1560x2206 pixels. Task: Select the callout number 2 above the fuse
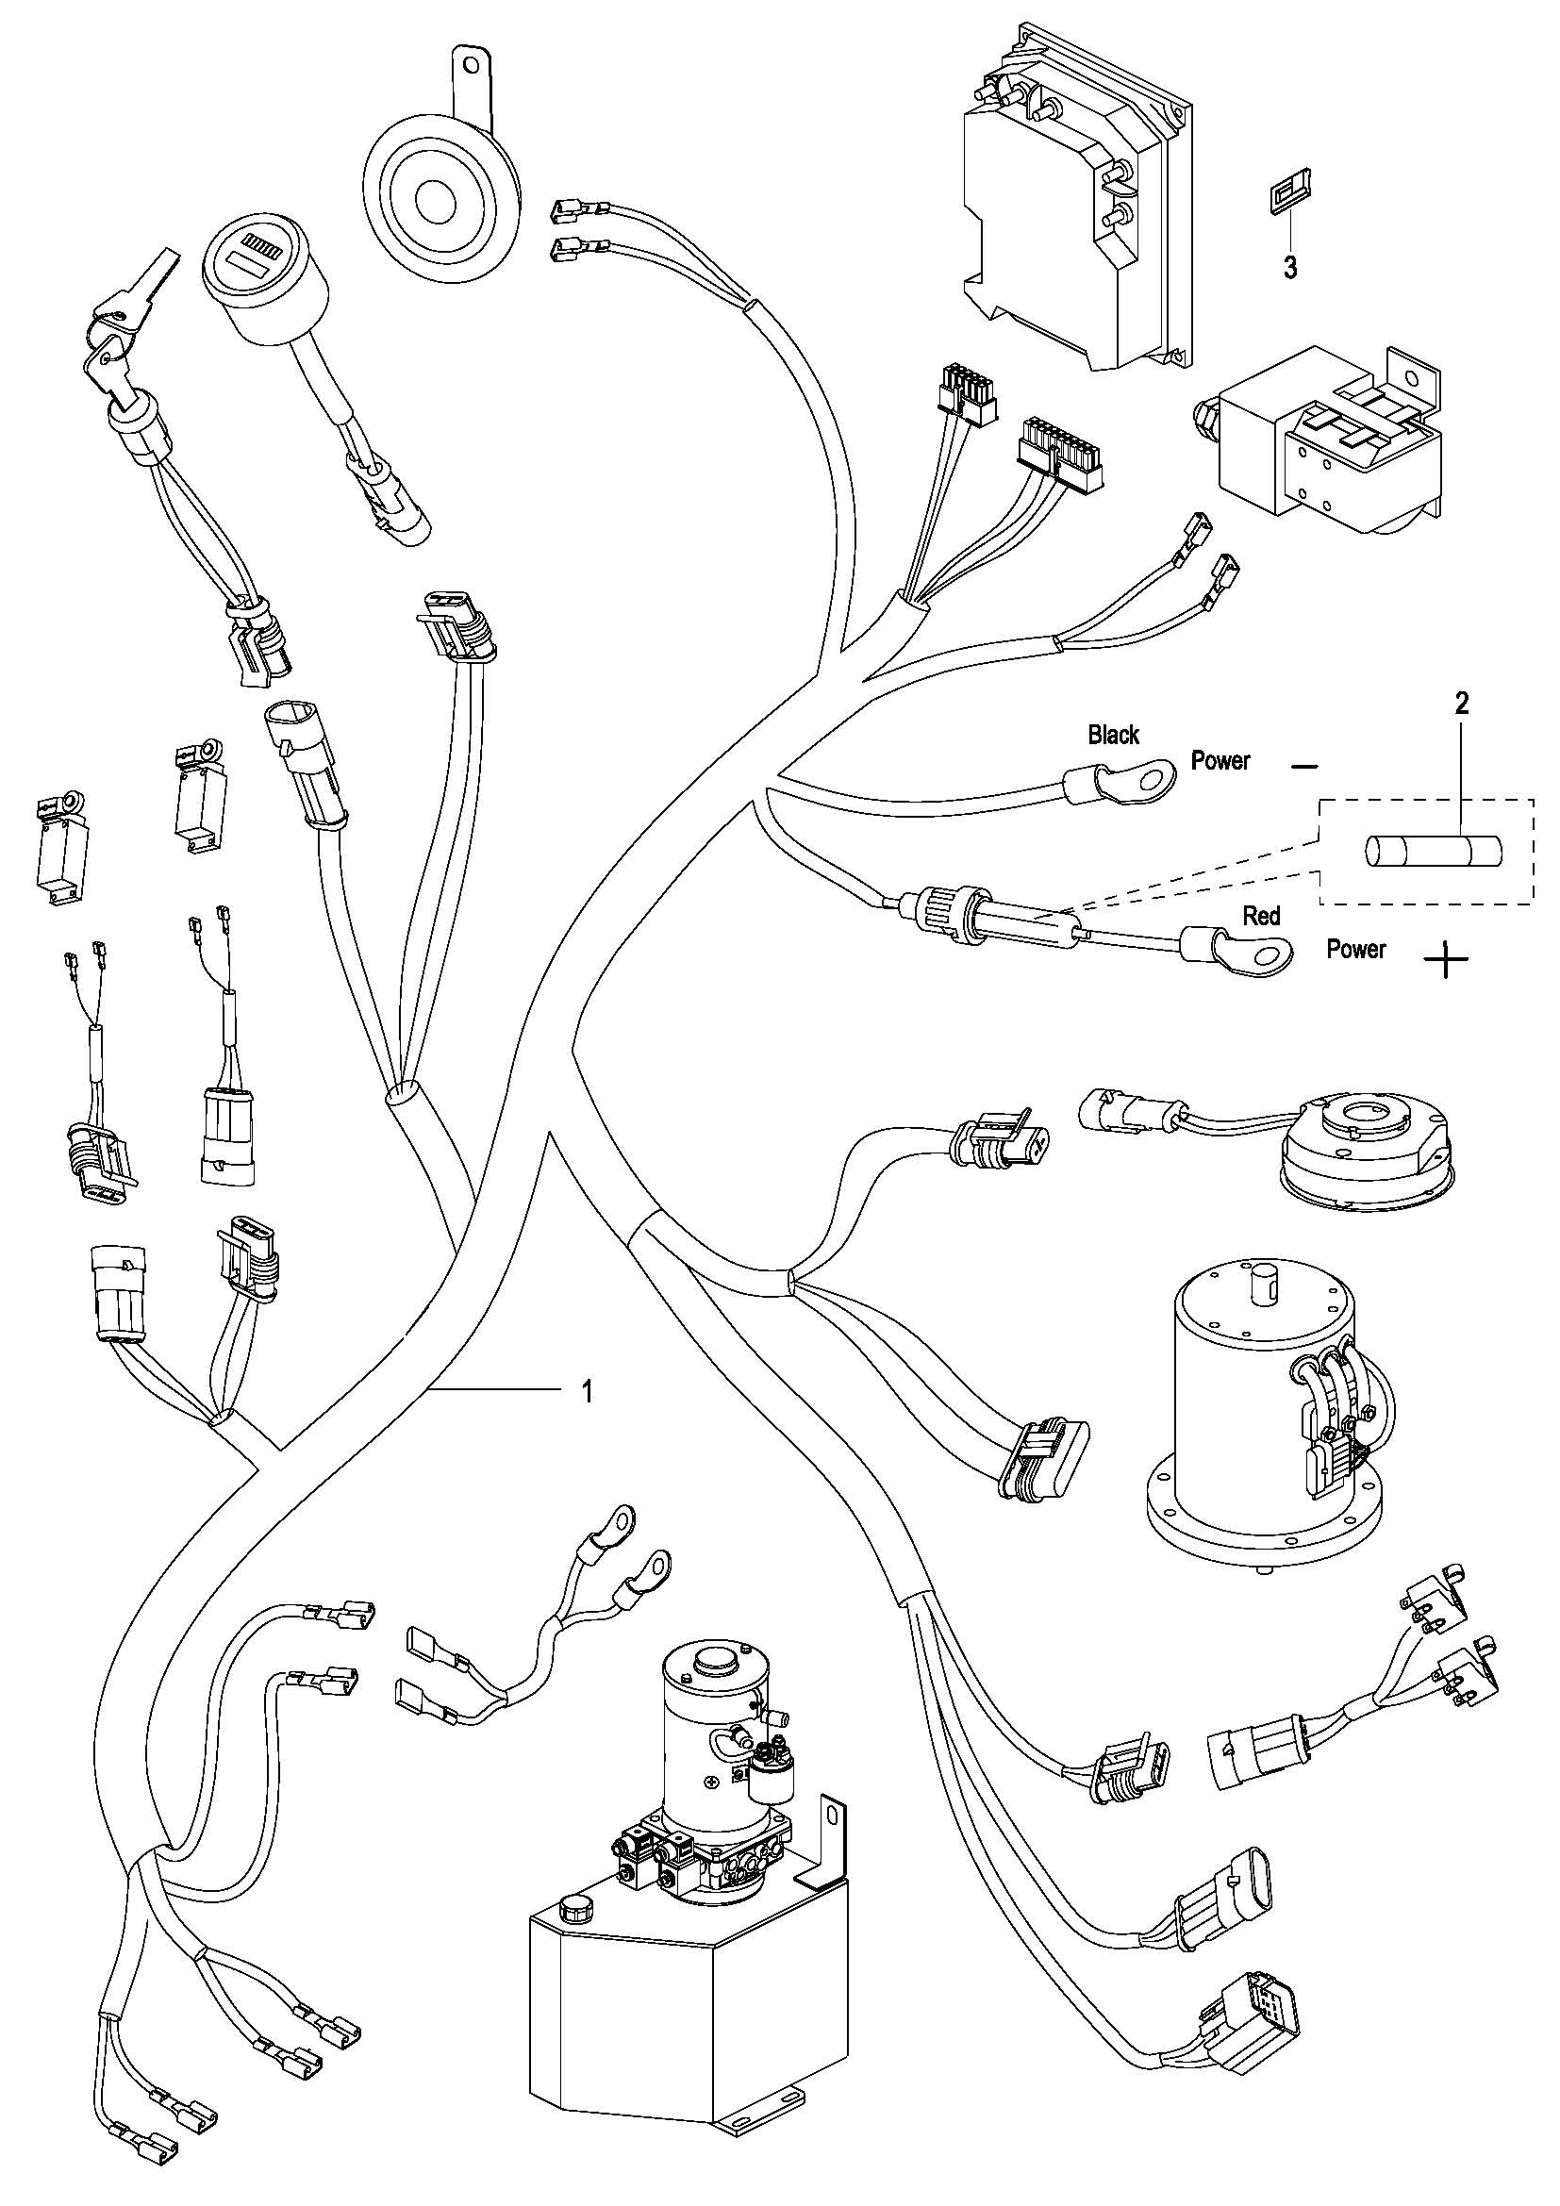pos(1461,704)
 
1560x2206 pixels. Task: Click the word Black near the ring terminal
pos(1113,735)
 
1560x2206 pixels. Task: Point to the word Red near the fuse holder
pos(1261,916)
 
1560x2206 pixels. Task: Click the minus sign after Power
pos(1304,766)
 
